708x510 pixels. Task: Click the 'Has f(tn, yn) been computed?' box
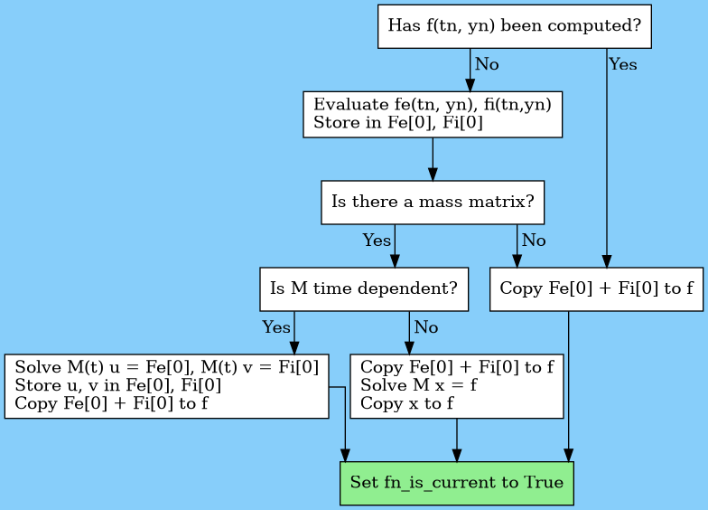pos(514,25)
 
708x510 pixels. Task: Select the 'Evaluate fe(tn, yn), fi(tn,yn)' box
pos(433,114)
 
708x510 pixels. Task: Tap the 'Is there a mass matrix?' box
pos(433,202)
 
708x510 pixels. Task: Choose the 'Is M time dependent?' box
pos(363,289)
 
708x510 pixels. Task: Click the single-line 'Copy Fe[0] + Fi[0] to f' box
pos(596,289)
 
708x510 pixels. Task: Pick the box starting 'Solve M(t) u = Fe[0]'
pos(166,386)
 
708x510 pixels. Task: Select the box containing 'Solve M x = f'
pos(456,386)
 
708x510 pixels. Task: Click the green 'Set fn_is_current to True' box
pos(456,483)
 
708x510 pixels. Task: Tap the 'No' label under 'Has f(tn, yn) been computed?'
pos(487,65)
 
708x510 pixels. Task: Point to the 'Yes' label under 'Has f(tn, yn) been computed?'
pos(623,65)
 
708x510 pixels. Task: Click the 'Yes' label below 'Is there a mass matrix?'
pos(377,241)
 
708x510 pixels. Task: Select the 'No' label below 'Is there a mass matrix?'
pos(534,241)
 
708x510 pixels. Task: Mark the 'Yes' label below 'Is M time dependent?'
pos(276,327)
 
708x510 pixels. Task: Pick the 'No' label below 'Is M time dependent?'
pos(426,327)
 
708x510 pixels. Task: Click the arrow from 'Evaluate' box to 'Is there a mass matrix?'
pos(433,160)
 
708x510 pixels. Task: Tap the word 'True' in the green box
pos(542,483)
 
